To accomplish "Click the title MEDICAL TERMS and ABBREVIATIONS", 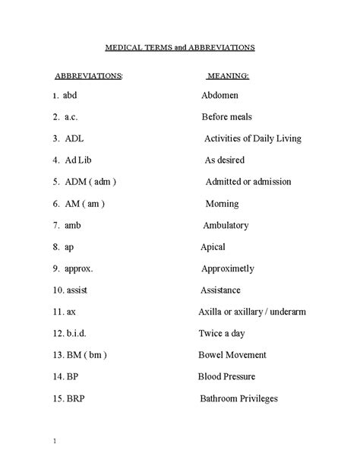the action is tap(179, 47).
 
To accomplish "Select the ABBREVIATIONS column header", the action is tap(88, 77).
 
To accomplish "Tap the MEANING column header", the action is tap(228, 77).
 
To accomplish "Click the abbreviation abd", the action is tap(71, 96).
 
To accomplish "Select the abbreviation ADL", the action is tap(74, 139).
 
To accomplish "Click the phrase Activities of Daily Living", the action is tap(253, 139).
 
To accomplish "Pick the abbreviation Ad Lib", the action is tap(77, 160).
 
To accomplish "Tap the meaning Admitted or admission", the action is tap(248, 182).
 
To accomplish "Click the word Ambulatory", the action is tap(226, 226).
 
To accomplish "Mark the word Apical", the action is tap(213, 247).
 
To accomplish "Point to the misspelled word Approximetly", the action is tap(228, 269).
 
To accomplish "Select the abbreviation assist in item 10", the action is tap(77, 290).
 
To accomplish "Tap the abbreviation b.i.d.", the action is tap(77, 334).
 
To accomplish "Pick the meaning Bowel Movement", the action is tap(232, 355).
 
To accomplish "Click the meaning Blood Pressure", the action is tap(226, 377).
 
